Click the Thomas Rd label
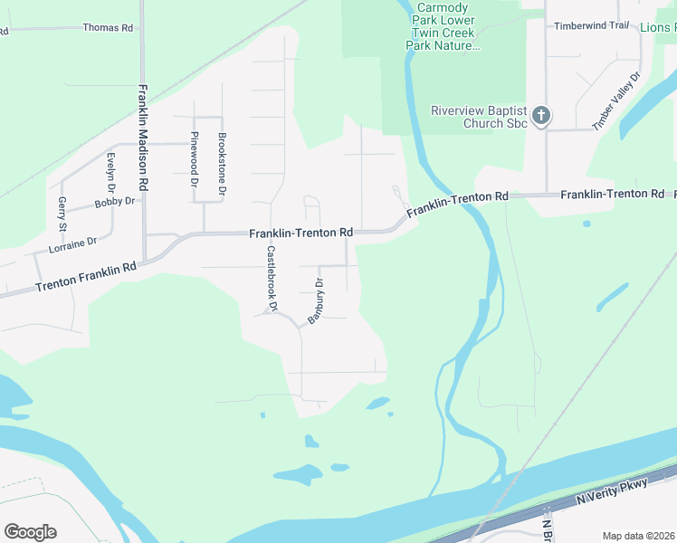pyautogui.click(x=108, y=28)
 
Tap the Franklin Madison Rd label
pyautogui.click(x=143, y=138)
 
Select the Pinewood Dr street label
pyautogui.click(x=195, y=159)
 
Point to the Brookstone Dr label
pyautogui.click(x=222, y=165)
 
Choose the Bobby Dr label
pyautogui.click(x=114, y=201)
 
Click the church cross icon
pyautogui.click(x=540, y=115)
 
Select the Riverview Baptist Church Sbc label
pyautogui.click(x=479, y=117)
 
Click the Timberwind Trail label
pyautogui.click(x=591, y=25)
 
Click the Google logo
pyautogui.click(x=30, y=532)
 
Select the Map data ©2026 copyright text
pyautogui.click(x=638, y=536)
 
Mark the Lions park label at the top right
pyautogui.click(x=658, y=28)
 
